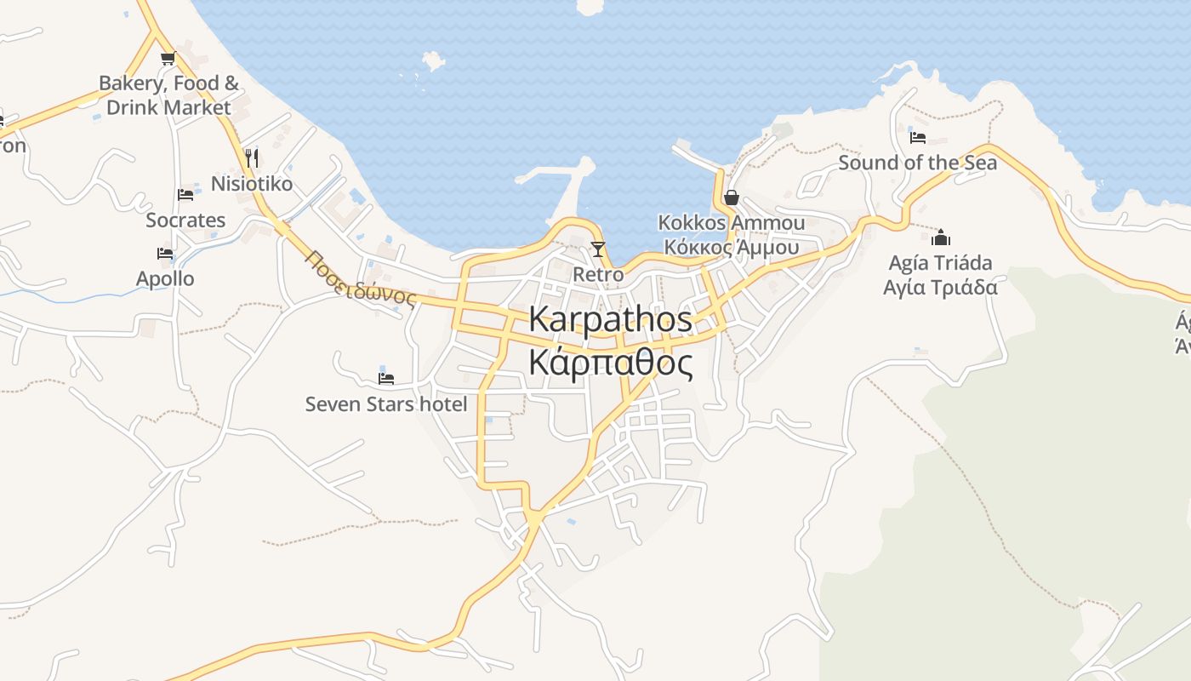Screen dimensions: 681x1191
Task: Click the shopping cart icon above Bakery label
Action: pos(167,59)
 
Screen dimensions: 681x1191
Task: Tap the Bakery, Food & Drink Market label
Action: pos(168,95)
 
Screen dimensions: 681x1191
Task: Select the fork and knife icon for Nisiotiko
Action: pos(252,157)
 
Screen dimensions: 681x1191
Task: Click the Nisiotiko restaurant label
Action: pos(252,184)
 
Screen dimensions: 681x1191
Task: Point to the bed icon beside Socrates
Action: pos(185,194)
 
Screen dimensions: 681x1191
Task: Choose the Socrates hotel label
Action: pos(185,220)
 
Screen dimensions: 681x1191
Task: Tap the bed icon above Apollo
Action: pos(165,253)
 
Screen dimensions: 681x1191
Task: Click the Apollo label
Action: pos(165,279)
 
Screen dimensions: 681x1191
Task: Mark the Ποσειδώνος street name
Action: pos(361,278)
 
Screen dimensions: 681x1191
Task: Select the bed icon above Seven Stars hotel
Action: pos(386,378)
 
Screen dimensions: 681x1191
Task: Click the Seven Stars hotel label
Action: pos(386,404)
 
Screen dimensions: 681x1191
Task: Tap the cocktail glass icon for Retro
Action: pos(598,249)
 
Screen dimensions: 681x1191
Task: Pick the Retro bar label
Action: pos(598,275)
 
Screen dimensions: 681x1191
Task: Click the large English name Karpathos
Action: pos(610,319)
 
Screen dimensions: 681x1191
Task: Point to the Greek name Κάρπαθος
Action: pos(610,363)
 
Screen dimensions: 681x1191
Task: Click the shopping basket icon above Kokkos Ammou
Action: pos(731,197)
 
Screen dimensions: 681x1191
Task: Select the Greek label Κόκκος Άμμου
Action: pos(731,248)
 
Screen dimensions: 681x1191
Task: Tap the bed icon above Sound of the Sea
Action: pos(918,136)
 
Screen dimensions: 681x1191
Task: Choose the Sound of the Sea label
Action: pos(918,163)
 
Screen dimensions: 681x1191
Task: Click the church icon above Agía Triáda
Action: pos(941,237)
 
